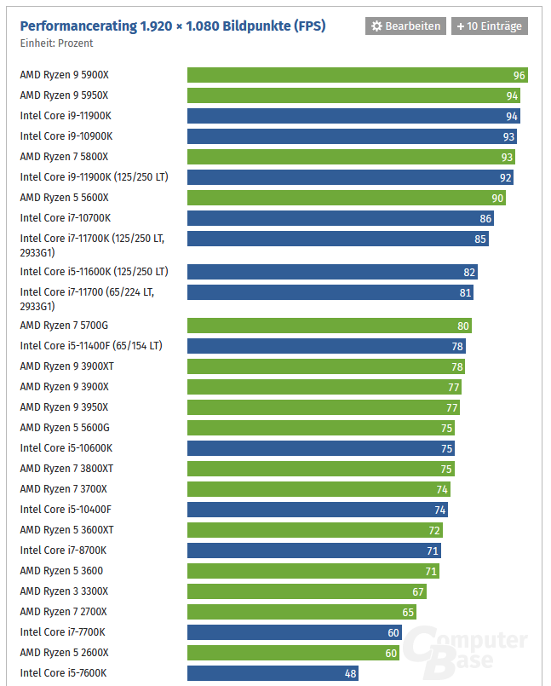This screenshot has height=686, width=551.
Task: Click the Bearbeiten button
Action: [x=405, y=26]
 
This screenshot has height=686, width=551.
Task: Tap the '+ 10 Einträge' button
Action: [x=489, y=26]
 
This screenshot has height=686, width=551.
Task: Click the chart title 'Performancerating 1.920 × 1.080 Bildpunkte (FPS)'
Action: [x=173, y=26]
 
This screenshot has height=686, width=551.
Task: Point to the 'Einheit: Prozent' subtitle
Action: [x=56, y=43]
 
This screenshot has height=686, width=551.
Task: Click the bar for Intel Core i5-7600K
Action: [x=273, y=673]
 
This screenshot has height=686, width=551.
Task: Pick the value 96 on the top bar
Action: [x=519, y=75]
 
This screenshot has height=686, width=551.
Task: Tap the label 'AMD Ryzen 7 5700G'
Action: [x=64, y=326]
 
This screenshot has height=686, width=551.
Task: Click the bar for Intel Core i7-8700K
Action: [x=313, y=551]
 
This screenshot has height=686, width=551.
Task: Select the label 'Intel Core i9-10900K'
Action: [x=66, y=136]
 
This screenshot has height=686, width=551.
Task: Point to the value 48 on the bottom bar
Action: [x=350, y=673]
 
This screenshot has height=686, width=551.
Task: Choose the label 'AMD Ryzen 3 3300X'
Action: [x=64, y=591]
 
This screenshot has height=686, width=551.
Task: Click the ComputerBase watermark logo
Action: [x=465, y=652]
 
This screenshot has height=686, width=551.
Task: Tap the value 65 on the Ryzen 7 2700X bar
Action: [x=408, y=612]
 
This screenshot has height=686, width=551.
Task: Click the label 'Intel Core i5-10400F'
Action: [x=66, y=510]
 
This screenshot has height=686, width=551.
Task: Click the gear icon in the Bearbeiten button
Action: [x=376, y=26]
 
